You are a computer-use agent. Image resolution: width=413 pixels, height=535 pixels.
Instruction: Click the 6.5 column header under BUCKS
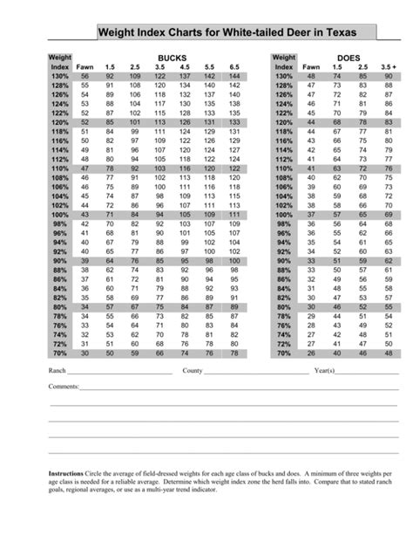pyautogui.click(x=234, y=67)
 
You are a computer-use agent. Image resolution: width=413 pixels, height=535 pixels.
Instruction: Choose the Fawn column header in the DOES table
pyautogui.click(x=311, y=67)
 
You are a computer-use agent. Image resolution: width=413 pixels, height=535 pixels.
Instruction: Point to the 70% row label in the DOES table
pyautogui.click(x=283, y=353)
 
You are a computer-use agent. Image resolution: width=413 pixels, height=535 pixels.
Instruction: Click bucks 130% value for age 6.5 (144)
pyautogui.click(x=234, y=77)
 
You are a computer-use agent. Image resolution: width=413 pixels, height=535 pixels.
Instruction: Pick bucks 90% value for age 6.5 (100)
pyautogui.click(x=234, y=260)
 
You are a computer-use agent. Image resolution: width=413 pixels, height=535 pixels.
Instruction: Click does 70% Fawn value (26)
pyautogui.click(x=311, y=353)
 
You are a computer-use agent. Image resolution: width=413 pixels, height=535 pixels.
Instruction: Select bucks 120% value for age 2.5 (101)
pyautogui.click(x=134, y=122)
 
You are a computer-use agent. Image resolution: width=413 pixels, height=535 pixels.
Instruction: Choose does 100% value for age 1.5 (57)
pyautogui.click(x=336, y=214)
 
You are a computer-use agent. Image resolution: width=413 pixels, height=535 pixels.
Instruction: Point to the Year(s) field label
pyautogui.click(x=324, y=371)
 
